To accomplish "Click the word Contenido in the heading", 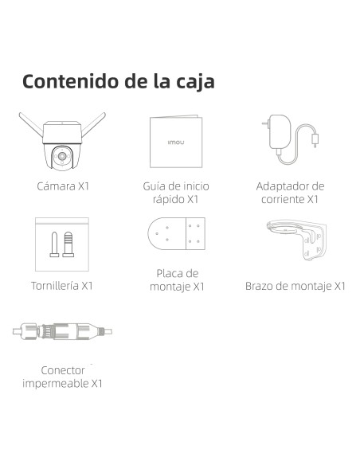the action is [x=71, y=81].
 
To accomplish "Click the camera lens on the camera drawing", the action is [x=62, y=156].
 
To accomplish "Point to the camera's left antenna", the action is [x=30, y=124].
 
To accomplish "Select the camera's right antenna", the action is [x=94, y=124].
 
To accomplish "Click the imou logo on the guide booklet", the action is [x=176, y=143].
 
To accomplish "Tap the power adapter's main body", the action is [x=280, y=132].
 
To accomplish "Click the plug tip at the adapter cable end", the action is [x=315, y=140].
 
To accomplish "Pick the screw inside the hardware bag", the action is [x=54, y=244].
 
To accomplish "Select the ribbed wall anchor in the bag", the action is [x=68, y=244].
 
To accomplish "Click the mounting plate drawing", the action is [x=177, y=233].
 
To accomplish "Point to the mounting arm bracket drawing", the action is [x=296, y=240].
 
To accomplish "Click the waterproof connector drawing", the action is [x=62, y=331].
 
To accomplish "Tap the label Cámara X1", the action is [x=63, y=186].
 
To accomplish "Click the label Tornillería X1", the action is [x=62, y=286].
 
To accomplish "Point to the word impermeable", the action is [x=56, y=384].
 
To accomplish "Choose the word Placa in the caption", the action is [x=169, y=273].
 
